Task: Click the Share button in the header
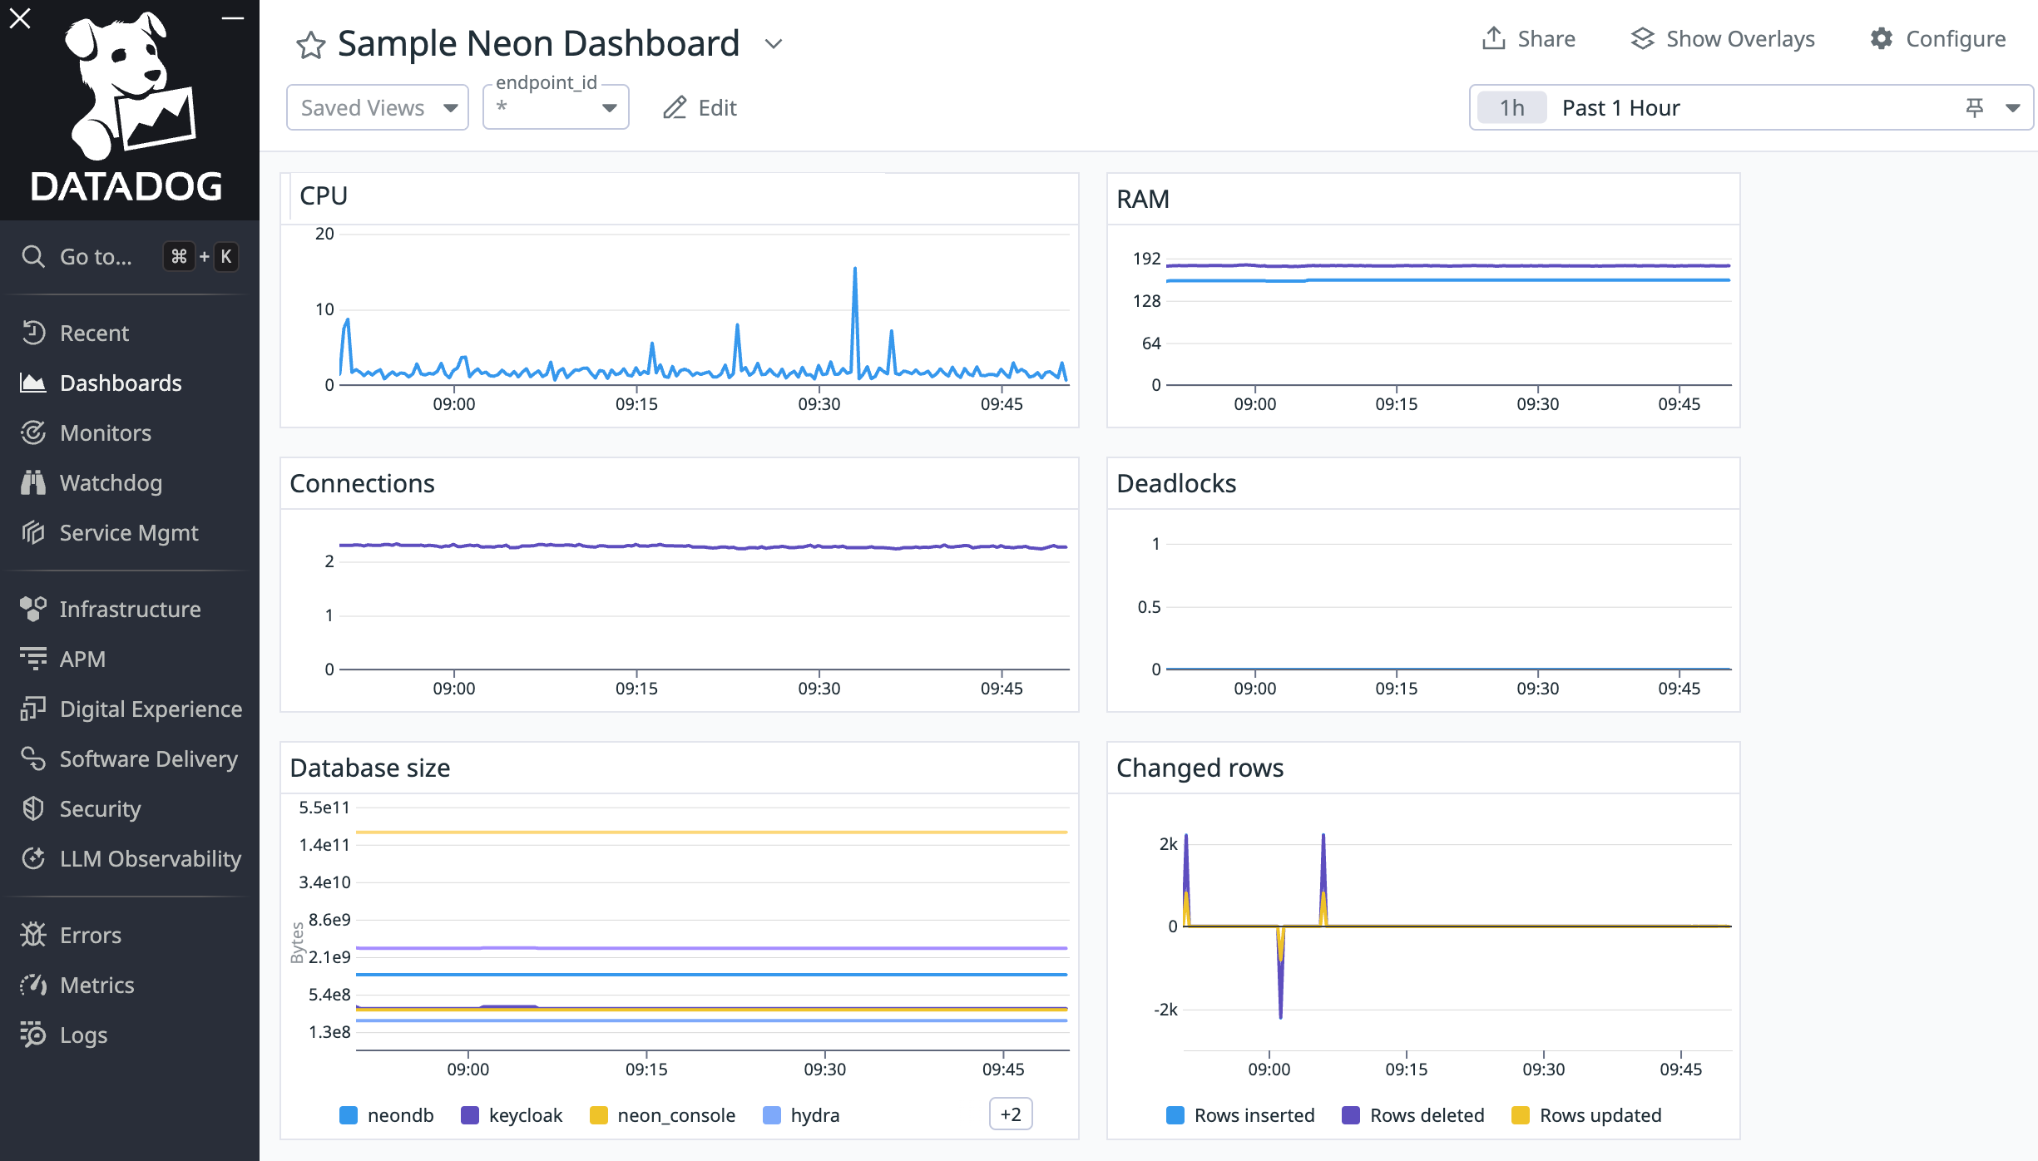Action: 1529,39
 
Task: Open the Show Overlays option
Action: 1724,39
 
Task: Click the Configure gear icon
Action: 1882,39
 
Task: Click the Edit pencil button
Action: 700,107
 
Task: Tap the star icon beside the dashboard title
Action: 310,45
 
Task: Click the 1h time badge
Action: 1511,108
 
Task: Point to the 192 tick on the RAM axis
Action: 1146,259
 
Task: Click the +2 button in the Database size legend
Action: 1010,1114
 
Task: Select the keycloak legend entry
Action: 512,1115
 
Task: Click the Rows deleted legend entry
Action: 1412,1115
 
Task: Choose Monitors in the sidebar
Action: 105,432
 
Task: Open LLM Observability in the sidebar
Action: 150,858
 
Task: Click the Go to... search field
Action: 96,256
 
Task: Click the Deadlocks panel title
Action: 1175,483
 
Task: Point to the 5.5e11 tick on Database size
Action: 324,808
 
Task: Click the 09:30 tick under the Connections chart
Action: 819,689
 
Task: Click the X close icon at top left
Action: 20,18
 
